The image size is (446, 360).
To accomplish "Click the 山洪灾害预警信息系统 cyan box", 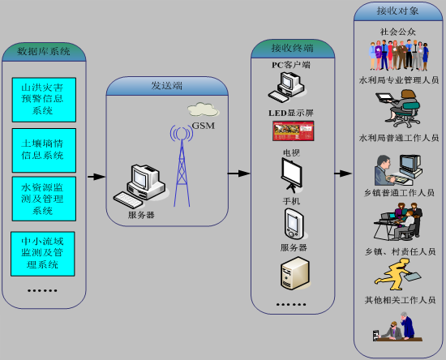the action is point(44,100).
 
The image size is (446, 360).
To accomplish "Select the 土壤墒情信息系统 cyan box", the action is point(44,150).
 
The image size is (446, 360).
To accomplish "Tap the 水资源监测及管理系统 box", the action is point(44,199).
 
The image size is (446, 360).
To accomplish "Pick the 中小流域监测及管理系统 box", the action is point(43,254).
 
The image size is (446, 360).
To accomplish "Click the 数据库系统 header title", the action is point(44,51).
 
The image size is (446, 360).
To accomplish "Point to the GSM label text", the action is point(203,126).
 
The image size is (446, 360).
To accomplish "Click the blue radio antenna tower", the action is point(182,165).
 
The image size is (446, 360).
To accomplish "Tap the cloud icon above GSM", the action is point(203,109).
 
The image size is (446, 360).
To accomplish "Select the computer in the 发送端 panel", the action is point(139,186).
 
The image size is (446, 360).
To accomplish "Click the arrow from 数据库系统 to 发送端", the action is point(96,177).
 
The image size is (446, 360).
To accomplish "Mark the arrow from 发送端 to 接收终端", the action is point(239,174).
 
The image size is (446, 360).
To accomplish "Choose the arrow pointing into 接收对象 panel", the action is point(343,174).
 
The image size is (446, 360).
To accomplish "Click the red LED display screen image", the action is point(294,131).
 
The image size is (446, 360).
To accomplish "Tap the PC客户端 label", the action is point(290,65).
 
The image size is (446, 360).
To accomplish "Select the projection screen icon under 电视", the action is point(292,175).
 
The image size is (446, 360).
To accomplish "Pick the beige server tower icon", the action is point(295,273).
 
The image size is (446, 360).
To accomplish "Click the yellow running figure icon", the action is point(397,274).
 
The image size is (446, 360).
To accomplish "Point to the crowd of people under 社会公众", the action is point(399,55).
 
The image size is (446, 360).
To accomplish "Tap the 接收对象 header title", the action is point(397,11).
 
